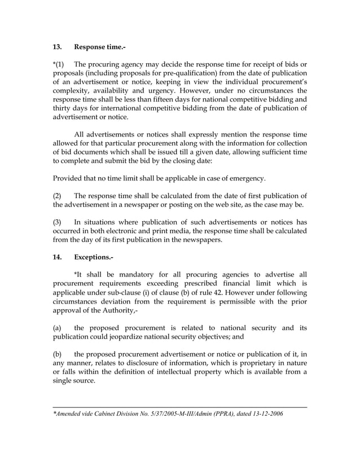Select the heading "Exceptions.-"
(94, 257)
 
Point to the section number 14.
(57, 257)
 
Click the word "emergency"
(243, 178)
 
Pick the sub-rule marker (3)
(58, 221)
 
